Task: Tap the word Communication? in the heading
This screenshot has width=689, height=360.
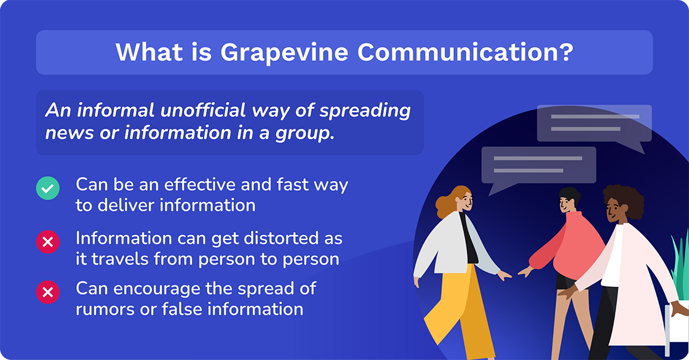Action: tap(465, 53)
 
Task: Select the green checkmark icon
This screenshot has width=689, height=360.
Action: tap(48, 188)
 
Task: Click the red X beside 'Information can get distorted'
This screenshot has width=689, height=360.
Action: tap(48, 242)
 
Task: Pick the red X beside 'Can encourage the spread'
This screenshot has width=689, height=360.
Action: tap(48, 292)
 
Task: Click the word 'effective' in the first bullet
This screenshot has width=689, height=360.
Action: tap(198, 185)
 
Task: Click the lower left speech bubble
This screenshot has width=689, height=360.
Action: tap(538, 164)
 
